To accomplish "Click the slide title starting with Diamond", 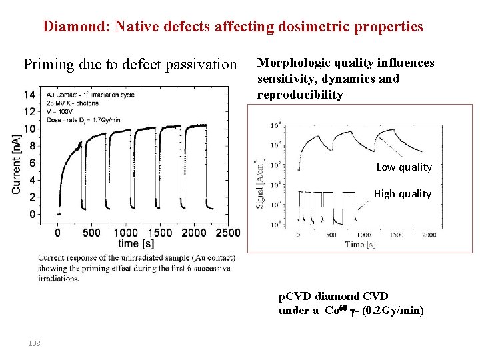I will tap(233, 27).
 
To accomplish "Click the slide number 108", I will tap(34, 343).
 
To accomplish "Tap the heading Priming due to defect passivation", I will tap(130, 65).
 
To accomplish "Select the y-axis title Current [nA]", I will tap(16, 163).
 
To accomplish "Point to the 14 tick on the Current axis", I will tap(29, 95).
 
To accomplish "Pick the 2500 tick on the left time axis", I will tap(228, 233).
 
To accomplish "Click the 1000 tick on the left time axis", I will tap(126, 233).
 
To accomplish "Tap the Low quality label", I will tap(404, 167).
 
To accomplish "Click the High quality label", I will tap(402, 194).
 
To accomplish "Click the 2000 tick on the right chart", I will tap(429, 235).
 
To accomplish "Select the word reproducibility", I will tap(300, 95).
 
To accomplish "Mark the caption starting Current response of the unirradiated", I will tap(134, 268).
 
